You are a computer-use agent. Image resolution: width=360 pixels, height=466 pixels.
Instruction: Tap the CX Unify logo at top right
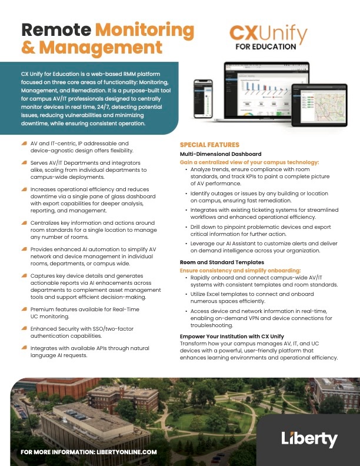tap(267, 36)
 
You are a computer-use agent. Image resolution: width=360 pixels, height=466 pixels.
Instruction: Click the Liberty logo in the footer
tap(309, 439)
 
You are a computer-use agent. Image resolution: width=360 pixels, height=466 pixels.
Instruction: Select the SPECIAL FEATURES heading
tap(209, 145)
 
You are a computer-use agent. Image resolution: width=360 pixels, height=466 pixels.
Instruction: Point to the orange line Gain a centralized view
tap(249, 162)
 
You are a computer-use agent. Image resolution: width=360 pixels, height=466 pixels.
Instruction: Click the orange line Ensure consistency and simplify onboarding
tap(249, 270)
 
